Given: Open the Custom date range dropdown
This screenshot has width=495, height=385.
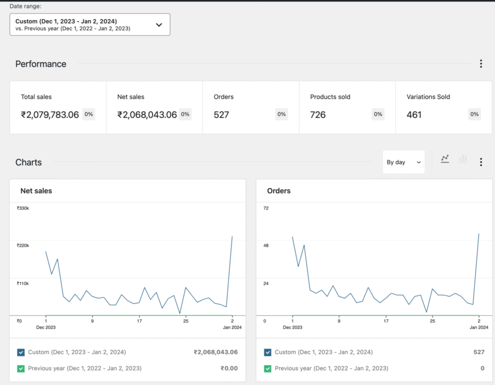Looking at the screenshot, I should (90, 25).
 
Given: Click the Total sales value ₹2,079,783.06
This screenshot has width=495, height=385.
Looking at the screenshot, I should (50, 114).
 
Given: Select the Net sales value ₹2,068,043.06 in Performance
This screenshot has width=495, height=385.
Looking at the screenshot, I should (147, 114).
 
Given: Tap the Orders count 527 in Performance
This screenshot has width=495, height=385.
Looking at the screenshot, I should (221, 114).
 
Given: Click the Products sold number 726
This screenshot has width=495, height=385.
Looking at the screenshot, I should (318, 114).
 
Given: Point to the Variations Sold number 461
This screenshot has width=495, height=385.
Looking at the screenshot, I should (414, 114).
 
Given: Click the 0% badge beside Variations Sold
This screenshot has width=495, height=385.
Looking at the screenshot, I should (474, 114).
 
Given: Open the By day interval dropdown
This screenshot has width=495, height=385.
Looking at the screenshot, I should (404, 162).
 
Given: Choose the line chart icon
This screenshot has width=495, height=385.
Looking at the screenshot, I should (445, 158).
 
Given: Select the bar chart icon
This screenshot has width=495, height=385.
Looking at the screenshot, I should (463, 158).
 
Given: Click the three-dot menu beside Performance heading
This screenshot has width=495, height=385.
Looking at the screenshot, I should (480, 64).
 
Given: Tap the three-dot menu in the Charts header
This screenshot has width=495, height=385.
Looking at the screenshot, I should (480, 162).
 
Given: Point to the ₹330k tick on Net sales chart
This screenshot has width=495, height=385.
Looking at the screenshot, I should (23, 208).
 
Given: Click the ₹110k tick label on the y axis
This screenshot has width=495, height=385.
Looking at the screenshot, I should (23, 284).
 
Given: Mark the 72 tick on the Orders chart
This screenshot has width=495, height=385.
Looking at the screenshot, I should (266, 208).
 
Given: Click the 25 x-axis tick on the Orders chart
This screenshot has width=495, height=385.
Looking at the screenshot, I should (433, 320).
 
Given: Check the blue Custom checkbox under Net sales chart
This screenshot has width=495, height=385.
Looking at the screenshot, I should (21, 352).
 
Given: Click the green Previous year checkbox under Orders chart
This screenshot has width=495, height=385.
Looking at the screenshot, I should (268, 369).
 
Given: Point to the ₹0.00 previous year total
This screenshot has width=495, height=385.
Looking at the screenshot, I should (229, 369).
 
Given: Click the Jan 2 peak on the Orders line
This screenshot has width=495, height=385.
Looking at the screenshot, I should (479, 234).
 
